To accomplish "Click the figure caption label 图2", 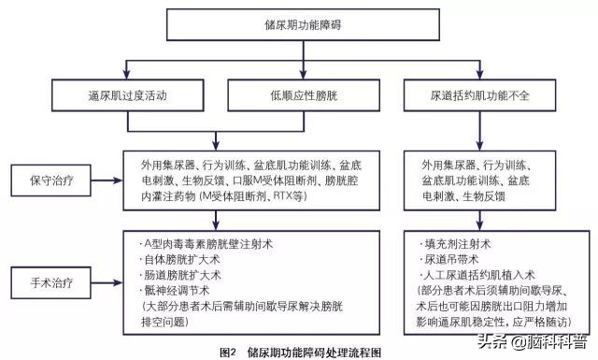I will pos(226,352).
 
